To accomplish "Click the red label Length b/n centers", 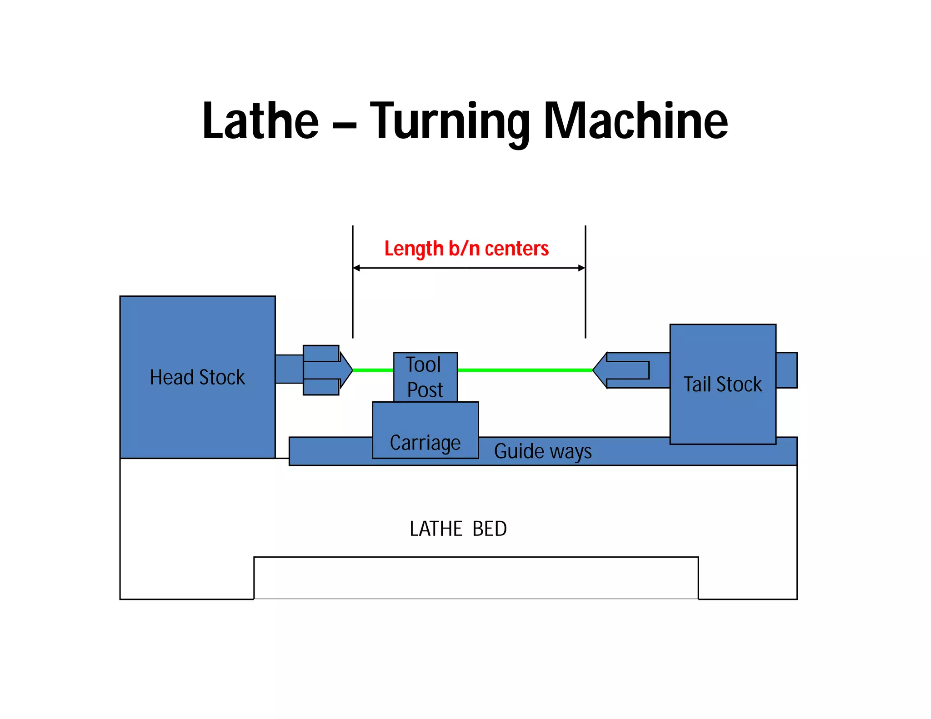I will click(466, 249).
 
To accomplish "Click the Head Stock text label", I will click(197, 377).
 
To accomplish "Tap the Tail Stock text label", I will click(722, 384).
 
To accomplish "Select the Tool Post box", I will click(425, 377).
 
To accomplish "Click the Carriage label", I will click(425, 443).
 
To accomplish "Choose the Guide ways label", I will click(543, 451).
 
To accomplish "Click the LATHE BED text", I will click(458, 529).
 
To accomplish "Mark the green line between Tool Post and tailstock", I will click(525, 370).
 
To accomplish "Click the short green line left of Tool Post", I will click(373, 370).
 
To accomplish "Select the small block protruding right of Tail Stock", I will click(786, 370).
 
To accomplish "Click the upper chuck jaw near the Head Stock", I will click(321, 353).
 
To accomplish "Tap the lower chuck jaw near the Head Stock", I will click(321, 387).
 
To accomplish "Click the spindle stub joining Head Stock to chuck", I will click(289, 369).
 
